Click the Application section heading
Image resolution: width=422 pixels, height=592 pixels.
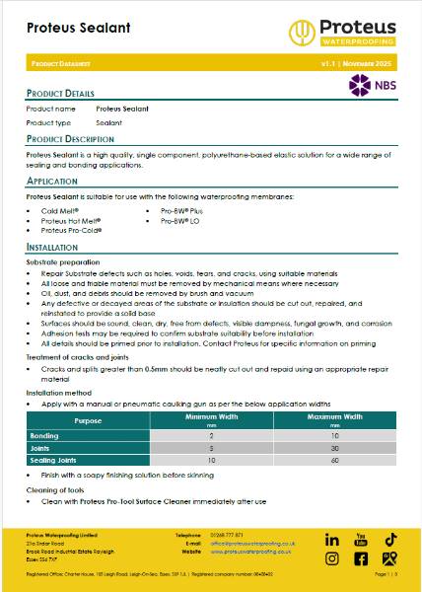pos(53,183)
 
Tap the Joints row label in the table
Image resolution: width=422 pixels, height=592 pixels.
pos(41,447)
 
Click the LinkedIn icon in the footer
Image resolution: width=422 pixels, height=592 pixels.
pos(331,540)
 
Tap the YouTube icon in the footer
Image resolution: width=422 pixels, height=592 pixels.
pos(361,540)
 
